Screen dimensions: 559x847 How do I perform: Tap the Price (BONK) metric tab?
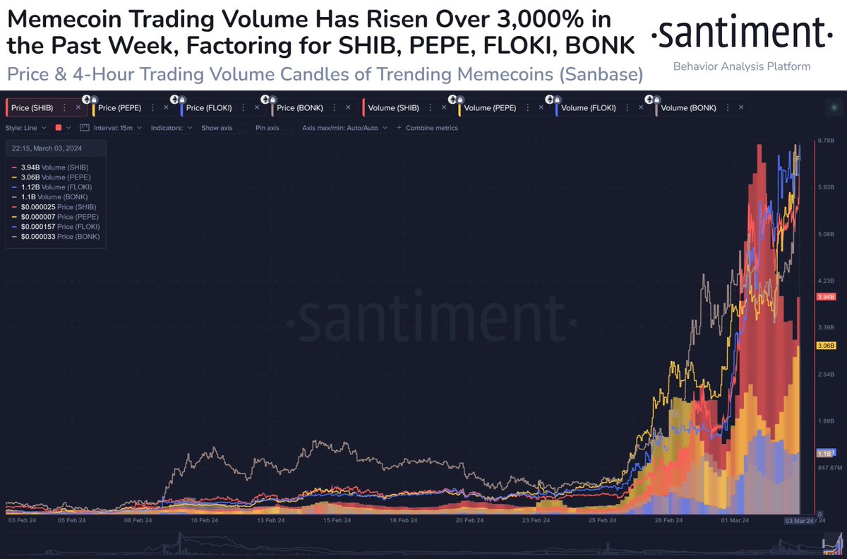coord(299,108)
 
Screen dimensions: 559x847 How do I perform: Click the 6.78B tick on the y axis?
coord(827,141)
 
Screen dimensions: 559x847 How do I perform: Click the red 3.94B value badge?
coord(826,298)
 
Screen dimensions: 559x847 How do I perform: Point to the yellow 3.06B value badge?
coord(826,346)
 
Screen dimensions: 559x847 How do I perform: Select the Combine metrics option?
coord(431,128)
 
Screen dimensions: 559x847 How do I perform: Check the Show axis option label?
coord(217,128)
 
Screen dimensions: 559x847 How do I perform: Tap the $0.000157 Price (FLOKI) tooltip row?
coord(59,226)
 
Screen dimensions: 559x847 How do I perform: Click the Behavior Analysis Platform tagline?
coord(741,66)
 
